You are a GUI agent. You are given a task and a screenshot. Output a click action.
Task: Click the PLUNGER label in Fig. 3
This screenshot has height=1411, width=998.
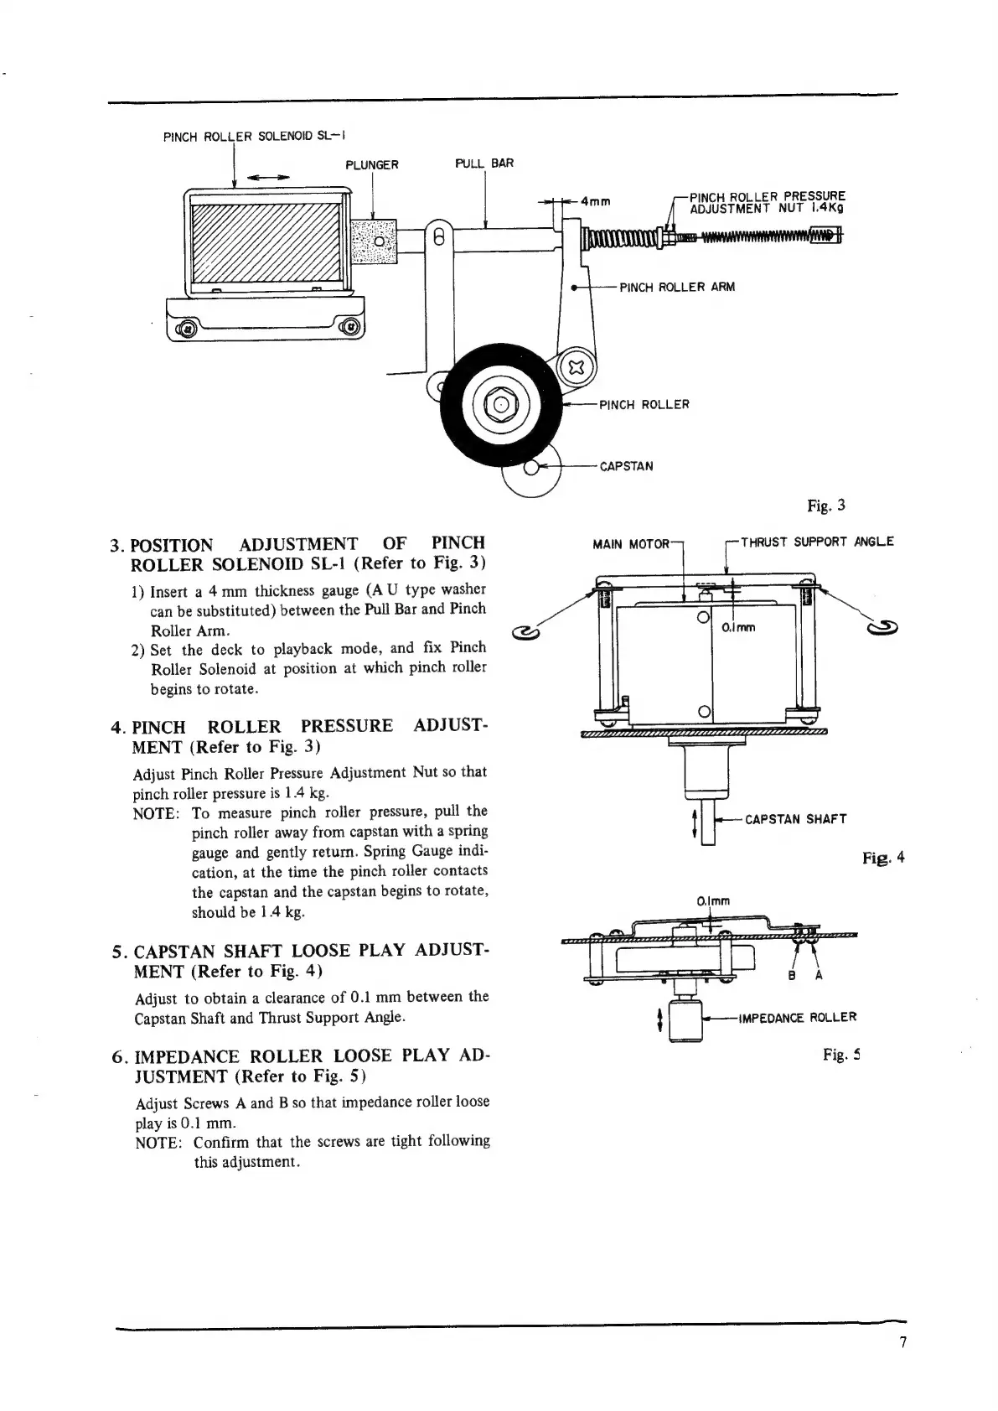click(x=372, y=165)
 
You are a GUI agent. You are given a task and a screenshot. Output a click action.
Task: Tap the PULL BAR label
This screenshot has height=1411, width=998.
click(x=483, y=163)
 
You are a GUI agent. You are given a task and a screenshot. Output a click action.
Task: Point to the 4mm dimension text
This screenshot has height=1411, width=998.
click(x=595, y=201)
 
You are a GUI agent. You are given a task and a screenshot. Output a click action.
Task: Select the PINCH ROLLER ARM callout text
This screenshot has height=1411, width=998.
click(x=676, y=288)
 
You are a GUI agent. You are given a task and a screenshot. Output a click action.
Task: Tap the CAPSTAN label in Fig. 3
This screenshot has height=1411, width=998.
click(x=626, y=466)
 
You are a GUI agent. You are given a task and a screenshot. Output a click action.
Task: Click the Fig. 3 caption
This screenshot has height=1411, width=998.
click(x=825, y=506)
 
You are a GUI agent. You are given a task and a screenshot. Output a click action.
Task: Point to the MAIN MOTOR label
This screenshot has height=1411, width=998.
click(x=630, y=544)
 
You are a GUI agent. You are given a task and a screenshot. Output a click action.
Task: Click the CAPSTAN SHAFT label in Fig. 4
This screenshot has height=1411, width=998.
click(x=795, y=819)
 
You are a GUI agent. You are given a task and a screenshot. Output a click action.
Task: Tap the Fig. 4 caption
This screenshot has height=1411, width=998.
click(x=883, y=858)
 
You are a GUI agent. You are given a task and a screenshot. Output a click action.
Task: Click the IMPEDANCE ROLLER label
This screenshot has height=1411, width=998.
click(x=797, y=1018)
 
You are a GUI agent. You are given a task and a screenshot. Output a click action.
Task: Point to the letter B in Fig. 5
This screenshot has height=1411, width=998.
click(x=791, y=976)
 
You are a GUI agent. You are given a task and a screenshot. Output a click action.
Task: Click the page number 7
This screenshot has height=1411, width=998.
click(x=902, y=1342)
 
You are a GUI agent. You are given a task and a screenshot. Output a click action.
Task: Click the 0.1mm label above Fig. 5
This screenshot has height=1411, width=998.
click(x=713, y=901)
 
